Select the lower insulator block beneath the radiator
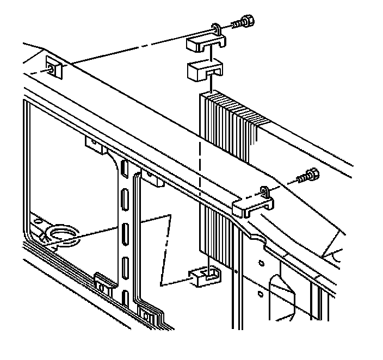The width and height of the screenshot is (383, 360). tap(205, 276)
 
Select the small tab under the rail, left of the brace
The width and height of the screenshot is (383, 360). tap(94, 143)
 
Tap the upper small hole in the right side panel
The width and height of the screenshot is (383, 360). tap(261, 263)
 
